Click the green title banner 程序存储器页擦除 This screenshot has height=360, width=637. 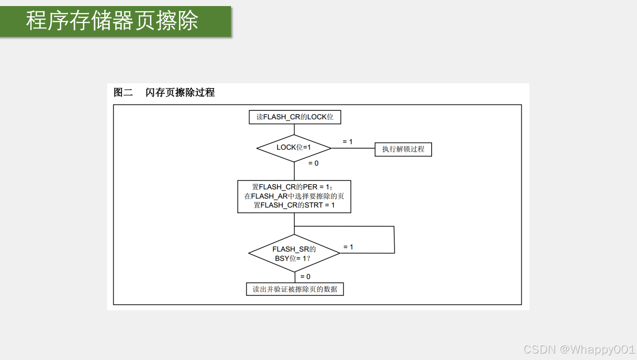point(115,21)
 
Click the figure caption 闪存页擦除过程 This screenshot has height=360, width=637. point(180,92)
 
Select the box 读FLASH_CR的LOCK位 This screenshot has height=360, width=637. point(295,117)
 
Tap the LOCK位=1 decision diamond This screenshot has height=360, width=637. point(294,148)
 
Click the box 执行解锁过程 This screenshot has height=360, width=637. point(403,149)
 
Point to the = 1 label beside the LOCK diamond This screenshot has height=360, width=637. point(347,142)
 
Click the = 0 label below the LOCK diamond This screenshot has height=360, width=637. point(313,163)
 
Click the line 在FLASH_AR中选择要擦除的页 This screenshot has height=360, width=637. point(294,196)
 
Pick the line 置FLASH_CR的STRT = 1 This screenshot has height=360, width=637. point(294,205)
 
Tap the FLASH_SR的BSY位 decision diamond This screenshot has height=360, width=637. point(294,253)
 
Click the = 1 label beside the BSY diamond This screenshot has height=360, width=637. point(348,247)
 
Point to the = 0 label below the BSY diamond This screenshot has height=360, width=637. point(305,277)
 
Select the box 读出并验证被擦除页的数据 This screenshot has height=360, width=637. point(295,289)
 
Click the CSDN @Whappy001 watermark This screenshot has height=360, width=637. point(579,349)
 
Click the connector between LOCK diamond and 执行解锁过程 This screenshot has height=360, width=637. point(353,149)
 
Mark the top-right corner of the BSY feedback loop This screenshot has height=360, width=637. point(394,227)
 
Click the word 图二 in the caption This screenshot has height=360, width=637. point(123,92)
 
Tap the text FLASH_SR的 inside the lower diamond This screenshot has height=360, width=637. point(294,249)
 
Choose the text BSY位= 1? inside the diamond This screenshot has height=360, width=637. point(292,258)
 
